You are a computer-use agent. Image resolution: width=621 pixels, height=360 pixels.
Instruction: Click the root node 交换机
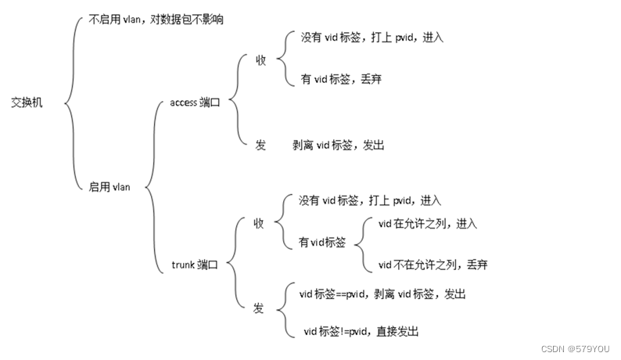pos(27,103)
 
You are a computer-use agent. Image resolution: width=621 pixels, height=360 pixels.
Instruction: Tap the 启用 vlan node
pos(109,186)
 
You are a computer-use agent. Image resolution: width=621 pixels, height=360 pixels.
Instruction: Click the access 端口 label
pos(196,102)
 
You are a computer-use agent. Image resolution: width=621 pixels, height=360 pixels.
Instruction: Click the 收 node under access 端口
pos(261,60)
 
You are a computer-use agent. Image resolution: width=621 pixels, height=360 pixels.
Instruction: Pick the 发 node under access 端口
pos(260,145)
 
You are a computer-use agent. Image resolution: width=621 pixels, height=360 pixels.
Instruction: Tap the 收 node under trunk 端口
pos(259,223)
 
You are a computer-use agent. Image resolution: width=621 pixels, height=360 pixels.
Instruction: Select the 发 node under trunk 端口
pos(259,308)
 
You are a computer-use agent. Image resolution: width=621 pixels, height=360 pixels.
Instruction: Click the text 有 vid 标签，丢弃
pos(341,80)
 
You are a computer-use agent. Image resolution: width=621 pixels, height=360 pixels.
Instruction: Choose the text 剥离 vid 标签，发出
pos(339,145)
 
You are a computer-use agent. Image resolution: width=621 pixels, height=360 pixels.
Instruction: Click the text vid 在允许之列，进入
pos(427,223)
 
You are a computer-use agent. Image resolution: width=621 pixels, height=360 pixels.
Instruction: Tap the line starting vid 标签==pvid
pos(382,293)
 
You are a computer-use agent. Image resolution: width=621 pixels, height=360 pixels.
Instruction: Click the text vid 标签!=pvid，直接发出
pos(361,331)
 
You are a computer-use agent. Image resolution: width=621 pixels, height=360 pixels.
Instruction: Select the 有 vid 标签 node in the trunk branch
pos(322,243)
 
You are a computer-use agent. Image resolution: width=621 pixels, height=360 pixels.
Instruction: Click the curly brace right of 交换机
pos(70,102)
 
